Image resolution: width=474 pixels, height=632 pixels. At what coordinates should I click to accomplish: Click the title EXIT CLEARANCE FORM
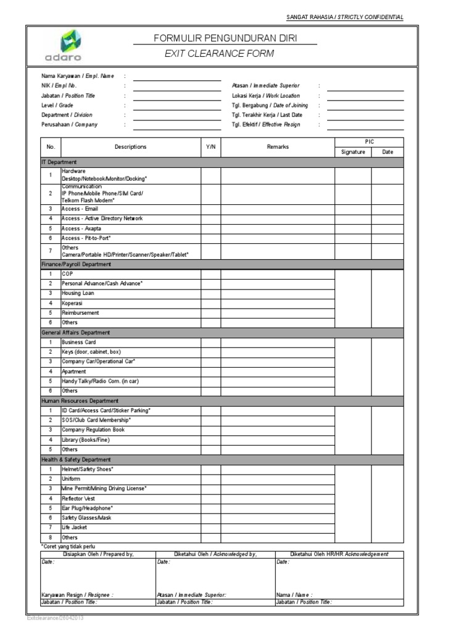pyautogui.click(x=219, y=54)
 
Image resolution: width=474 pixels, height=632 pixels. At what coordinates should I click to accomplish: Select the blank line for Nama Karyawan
pyautogui.click(x=177, y=77)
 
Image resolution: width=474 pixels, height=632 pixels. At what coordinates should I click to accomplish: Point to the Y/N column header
pyautogui.click(x=210, y=147)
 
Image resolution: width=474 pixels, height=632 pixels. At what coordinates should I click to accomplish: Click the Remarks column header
pyautogui.click(x=277, y=147)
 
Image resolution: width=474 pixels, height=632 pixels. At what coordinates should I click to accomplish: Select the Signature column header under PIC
pyautogui.click(x=352, y=152)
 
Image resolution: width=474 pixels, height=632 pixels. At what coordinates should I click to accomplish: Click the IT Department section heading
pyautogui.click(x=59, y=162)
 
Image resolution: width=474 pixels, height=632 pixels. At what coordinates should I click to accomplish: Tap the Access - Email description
pyautogui.click(x=80, y=209)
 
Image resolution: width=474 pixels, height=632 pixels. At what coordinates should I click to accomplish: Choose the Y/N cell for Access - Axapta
pyautogui.click(x=210, y=228)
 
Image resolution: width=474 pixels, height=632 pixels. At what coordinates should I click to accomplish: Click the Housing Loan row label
pyautogui.click(x=78, y=293)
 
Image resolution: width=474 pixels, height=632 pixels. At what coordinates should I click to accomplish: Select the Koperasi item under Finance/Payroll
pyautogui.click(x=72, y=303)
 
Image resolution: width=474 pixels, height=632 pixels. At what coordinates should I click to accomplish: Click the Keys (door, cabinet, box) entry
pyautogui.click(x=91, y=352)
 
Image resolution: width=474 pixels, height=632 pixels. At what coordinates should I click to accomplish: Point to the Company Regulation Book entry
pyautogui.click(x=93, y=430)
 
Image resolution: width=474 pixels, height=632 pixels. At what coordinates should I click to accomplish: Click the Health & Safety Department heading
pyautogui.click(x=76, y=460)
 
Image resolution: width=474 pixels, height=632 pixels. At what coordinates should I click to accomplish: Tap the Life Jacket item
pyautogui.click(x=74, y=528)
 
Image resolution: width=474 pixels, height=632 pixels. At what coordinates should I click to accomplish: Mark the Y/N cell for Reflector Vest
pyautogui.click(x=210, y=498)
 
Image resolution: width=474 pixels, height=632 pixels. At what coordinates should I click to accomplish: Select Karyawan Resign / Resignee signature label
pyautogui.click(x=77, y=595)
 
